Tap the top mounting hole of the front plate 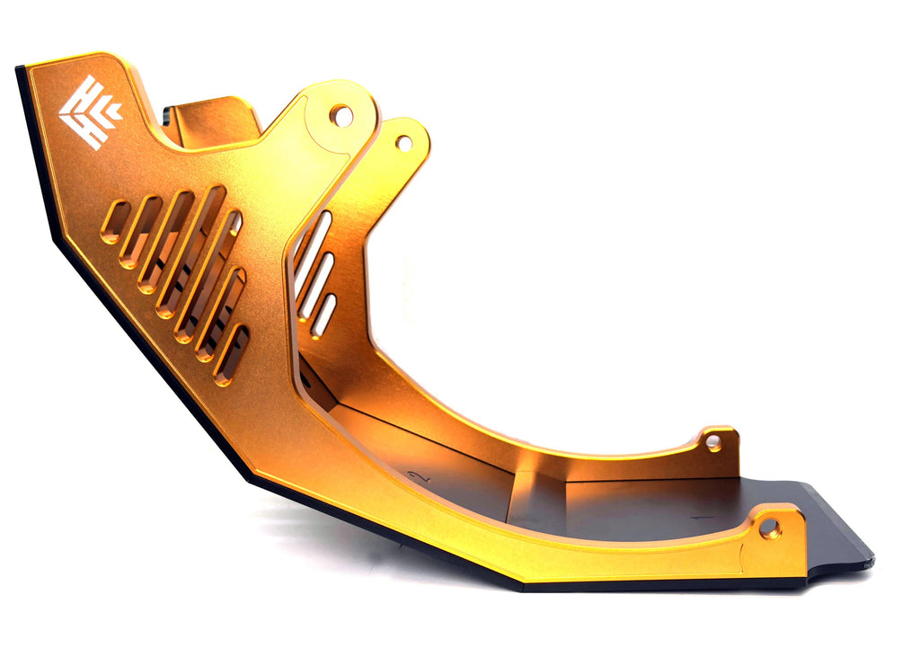[341, 115]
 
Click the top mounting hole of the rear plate [404, 143]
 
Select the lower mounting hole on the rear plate [713, 441]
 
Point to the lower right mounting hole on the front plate [770, 528]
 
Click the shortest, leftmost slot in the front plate [116, 221]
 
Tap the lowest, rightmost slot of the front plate [232, 354]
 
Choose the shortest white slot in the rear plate [324, 315]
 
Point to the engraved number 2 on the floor [416, 476]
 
